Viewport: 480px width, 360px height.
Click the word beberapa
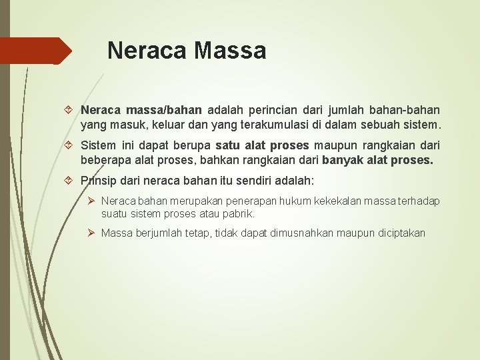105,159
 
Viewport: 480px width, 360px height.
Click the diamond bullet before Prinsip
71,181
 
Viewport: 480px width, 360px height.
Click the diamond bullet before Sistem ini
71,145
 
